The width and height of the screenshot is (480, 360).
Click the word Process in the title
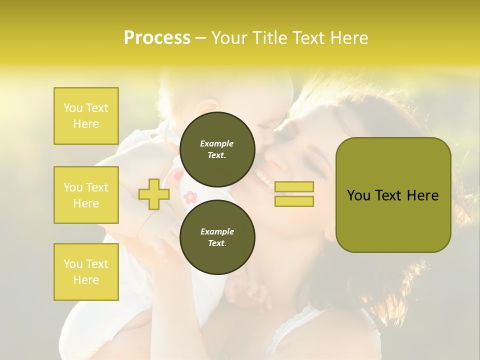click(x=157, y=38)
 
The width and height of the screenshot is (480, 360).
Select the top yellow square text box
click(x=86, y=116)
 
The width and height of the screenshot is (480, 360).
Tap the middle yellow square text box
click(x=86, y=195)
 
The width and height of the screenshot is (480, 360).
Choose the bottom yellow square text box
click(x=86, y=271)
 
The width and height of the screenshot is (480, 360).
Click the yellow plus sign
click(x=153, y=194)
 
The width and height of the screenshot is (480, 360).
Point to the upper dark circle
click(x=217, y=149)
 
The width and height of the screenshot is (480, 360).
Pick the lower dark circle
click(x=217, y=237)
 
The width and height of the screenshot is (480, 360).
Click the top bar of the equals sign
click(x=294, y=187)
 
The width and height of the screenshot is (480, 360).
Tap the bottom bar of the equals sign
click(x=294, y=201)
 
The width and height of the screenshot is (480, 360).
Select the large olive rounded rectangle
click(x=393, y=195)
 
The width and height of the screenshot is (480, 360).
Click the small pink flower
click(x=190, y=196)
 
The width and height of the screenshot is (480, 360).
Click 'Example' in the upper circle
click(x=217, y=143)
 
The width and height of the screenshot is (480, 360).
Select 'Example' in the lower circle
click(x=217, y=231)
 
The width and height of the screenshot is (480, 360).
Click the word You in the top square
click(x=73, y=108)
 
